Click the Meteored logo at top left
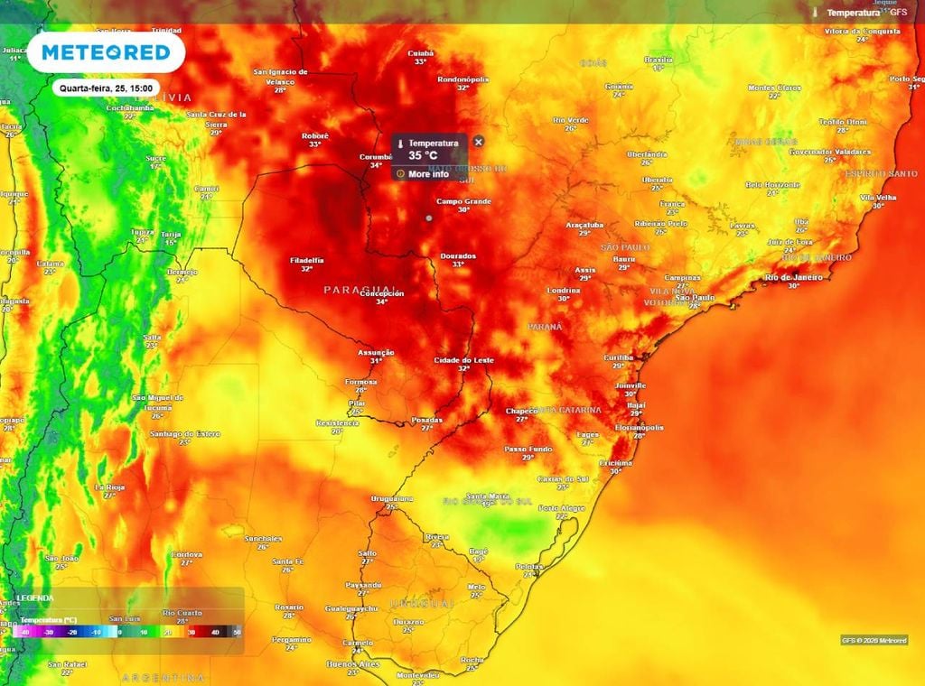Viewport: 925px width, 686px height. tap(106, 52)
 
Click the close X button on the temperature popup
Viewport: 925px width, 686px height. tap(479, 142)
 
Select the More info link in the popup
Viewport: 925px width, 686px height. tap(427, 174)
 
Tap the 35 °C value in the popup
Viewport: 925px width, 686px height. tap(422, 155)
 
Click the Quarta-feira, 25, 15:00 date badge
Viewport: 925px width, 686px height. tap(107, 88)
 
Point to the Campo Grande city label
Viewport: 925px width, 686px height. tap(463, 200)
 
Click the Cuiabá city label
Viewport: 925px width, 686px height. tap(421, 53)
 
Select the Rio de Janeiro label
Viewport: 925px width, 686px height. tap(793, 277)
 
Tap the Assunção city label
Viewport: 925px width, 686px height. tap(376, 352)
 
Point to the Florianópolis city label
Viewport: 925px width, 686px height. tap(640, 427)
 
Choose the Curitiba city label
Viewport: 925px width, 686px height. tap(619, 357)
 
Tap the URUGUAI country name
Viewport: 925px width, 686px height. tap(421, 602)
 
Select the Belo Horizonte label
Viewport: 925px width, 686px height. tap(772, 184)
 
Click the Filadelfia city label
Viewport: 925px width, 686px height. tap(306, 260)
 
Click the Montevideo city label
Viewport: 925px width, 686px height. tap(418, 674)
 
